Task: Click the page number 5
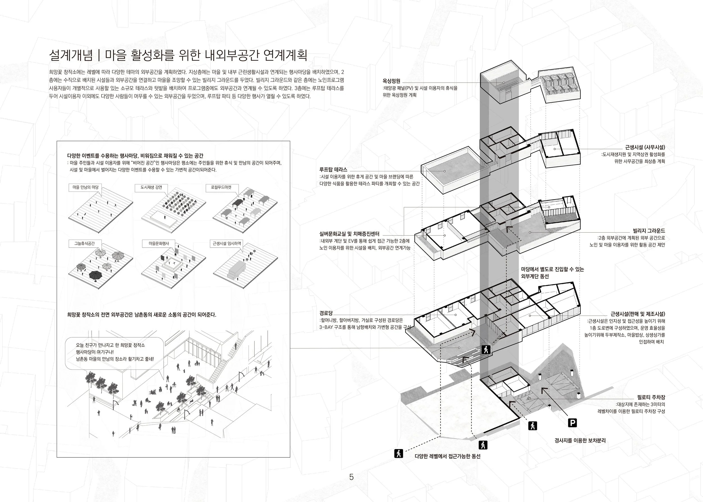(x=351, y=477)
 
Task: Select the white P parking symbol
(x=572, y=423)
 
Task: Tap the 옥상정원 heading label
(x=391, y=81)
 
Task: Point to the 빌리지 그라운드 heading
(x=649, y=231)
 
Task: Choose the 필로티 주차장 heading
(x=651, y=397)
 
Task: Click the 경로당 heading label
(x=326, y=313)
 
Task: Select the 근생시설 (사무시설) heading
(x=645, y=147)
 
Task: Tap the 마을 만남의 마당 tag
(x=85, y=187)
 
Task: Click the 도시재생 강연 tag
(x=151, y=187)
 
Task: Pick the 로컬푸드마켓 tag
(x=221, y=187)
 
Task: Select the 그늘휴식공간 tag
(x=84, y=244)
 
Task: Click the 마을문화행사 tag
(x=159, y=244)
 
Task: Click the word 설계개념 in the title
(x=71, y=56)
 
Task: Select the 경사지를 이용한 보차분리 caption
(x=580, y=440)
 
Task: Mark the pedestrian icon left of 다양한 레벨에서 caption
(x=399, y=453)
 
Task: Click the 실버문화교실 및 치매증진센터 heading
(x=349, y=234)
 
